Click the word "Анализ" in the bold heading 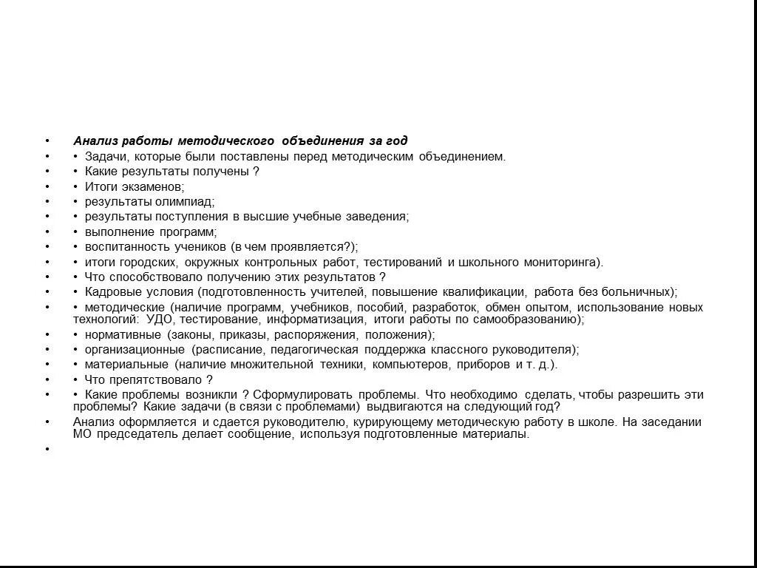[x=92, y=141]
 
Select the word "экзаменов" [x=155, y=186]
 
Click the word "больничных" [x=640, y=292]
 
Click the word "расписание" [x=227, y=350]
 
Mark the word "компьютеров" [x=410, y=365]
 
